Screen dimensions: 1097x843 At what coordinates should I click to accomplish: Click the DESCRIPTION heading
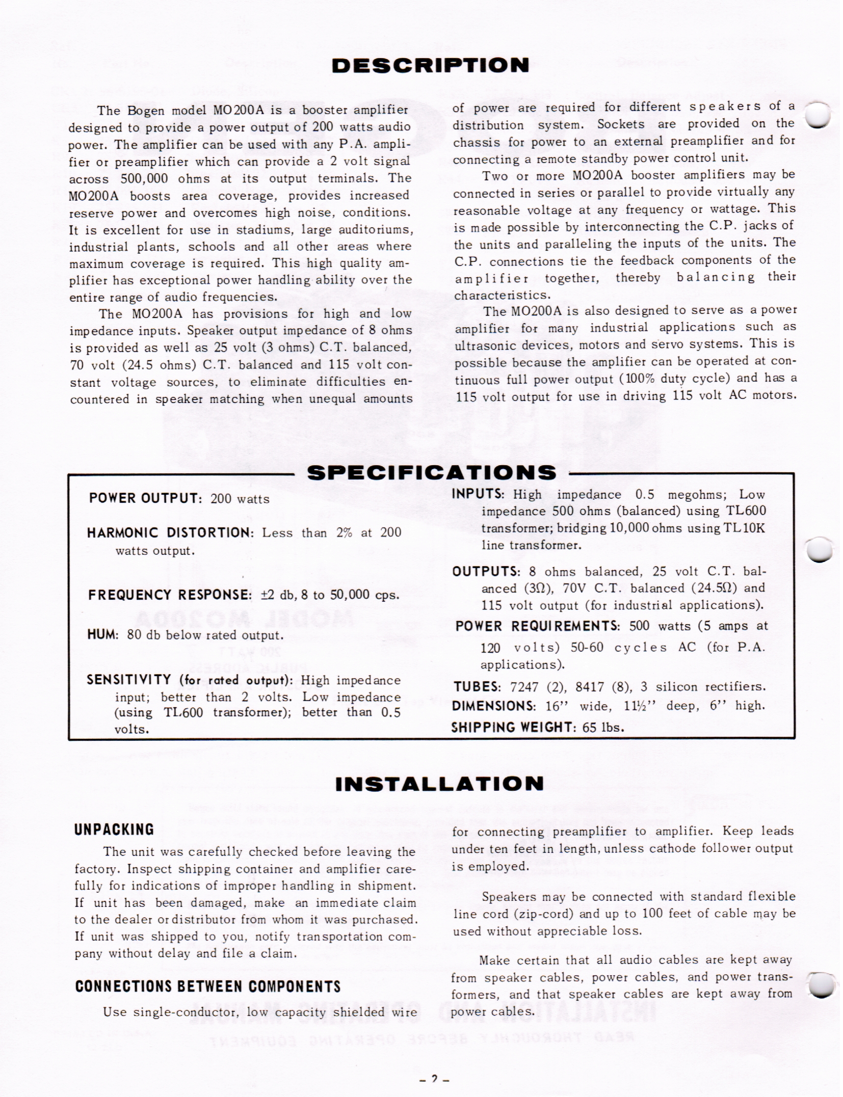click(x=430, y=66)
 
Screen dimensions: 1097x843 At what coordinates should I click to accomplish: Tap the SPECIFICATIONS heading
click(x=432, y=473)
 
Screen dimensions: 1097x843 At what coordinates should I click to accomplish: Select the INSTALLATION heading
click(x=439, y=784)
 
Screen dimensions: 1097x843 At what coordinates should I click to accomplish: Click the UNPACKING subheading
click(x=114, y=830)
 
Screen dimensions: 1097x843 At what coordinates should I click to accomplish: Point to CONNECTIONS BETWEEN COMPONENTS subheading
click(x=207, y=986)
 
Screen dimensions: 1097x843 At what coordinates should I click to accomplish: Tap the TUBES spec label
click(x=477, y=687)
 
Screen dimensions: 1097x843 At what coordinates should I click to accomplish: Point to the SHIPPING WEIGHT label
click(x=513, y=727)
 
